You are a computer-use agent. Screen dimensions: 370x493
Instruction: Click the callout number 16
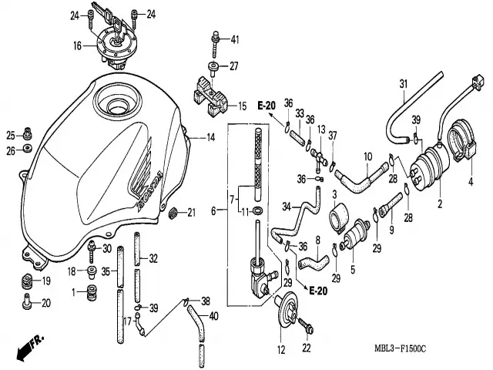click(x=77, y=46)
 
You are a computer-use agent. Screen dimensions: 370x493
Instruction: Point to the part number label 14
click(x=210, y=137)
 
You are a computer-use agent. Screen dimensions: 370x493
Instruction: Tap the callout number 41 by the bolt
click(x=235, y=39)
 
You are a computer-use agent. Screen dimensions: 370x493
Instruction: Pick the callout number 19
click(x=45, y=281)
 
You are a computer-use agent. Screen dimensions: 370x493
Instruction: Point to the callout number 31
click(x=402, y=83)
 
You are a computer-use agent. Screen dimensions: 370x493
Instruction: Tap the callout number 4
click(x=470, y=183)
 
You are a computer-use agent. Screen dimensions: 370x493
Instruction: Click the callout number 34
click(x=285, y=207)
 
